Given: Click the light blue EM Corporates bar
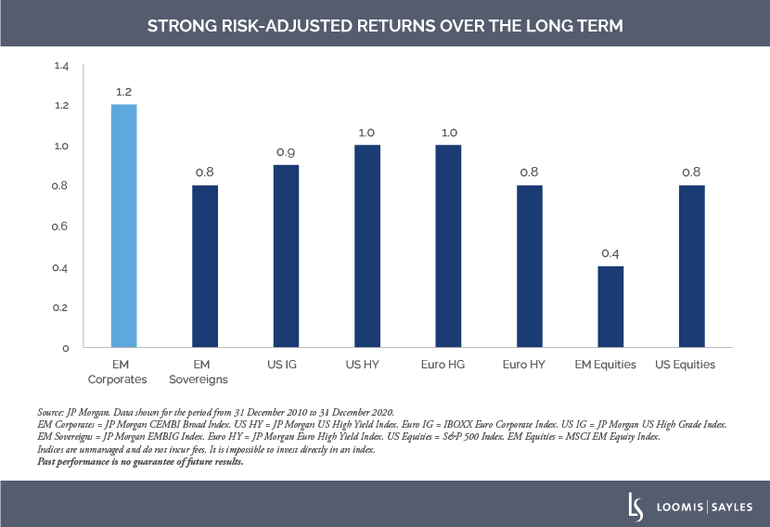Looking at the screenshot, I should point(123,225).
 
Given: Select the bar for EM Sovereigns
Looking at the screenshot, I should point(205,266).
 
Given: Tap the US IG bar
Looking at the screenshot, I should point(286,256).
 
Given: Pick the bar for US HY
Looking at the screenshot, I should point(367,246).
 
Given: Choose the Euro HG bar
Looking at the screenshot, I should point(448,246).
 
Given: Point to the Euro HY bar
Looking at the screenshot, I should point(530,266).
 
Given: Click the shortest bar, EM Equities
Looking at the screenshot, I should point(610,307).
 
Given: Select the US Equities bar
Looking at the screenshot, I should point(692,266).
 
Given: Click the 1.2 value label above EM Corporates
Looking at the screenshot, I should point(124,92).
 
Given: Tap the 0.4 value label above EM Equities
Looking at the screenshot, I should point(610,253).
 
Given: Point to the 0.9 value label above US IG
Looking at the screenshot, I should point(286,152).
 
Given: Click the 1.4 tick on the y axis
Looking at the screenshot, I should point(62,66).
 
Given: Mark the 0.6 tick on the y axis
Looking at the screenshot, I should point(62,226).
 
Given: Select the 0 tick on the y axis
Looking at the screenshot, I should point(66,348).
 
